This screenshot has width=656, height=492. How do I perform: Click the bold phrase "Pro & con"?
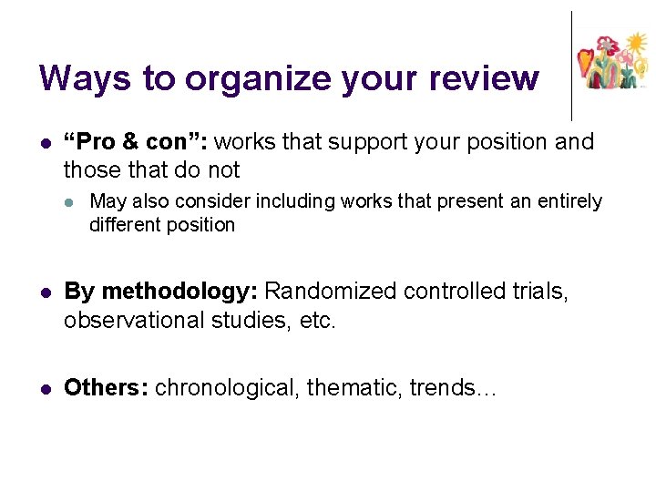point(136,142)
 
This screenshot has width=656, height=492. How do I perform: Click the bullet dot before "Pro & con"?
point(44,143)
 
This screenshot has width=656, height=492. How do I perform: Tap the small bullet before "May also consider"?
point(69,201)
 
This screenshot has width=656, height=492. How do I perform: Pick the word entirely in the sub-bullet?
point(569,201)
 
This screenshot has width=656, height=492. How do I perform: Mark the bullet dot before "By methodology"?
point(44,292)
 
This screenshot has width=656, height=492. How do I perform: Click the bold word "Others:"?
point(106,387)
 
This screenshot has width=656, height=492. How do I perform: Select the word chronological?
point(228,387)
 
